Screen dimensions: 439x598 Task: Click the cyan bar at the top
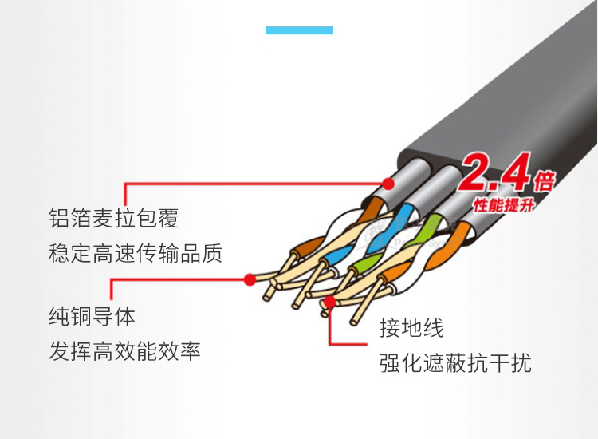point(299,30)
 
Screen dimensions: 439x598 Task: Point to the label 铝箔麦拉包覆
point(113,218)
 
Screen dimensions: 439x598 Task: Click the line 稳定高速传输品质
point(136,254)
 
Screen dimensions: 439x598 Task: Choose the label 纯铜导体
point(92,316)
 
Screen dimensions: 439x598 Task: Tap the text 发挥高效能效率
point(124,351)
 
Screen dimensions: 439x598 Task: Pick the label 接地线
point(411,327)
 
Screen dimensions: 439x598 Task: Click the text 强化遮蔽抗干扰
point(455,364)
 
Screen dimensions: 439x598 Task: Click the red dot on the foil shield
point(388,182)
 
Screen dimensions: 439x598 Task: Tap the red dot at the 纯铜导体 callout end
point(250,279)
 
